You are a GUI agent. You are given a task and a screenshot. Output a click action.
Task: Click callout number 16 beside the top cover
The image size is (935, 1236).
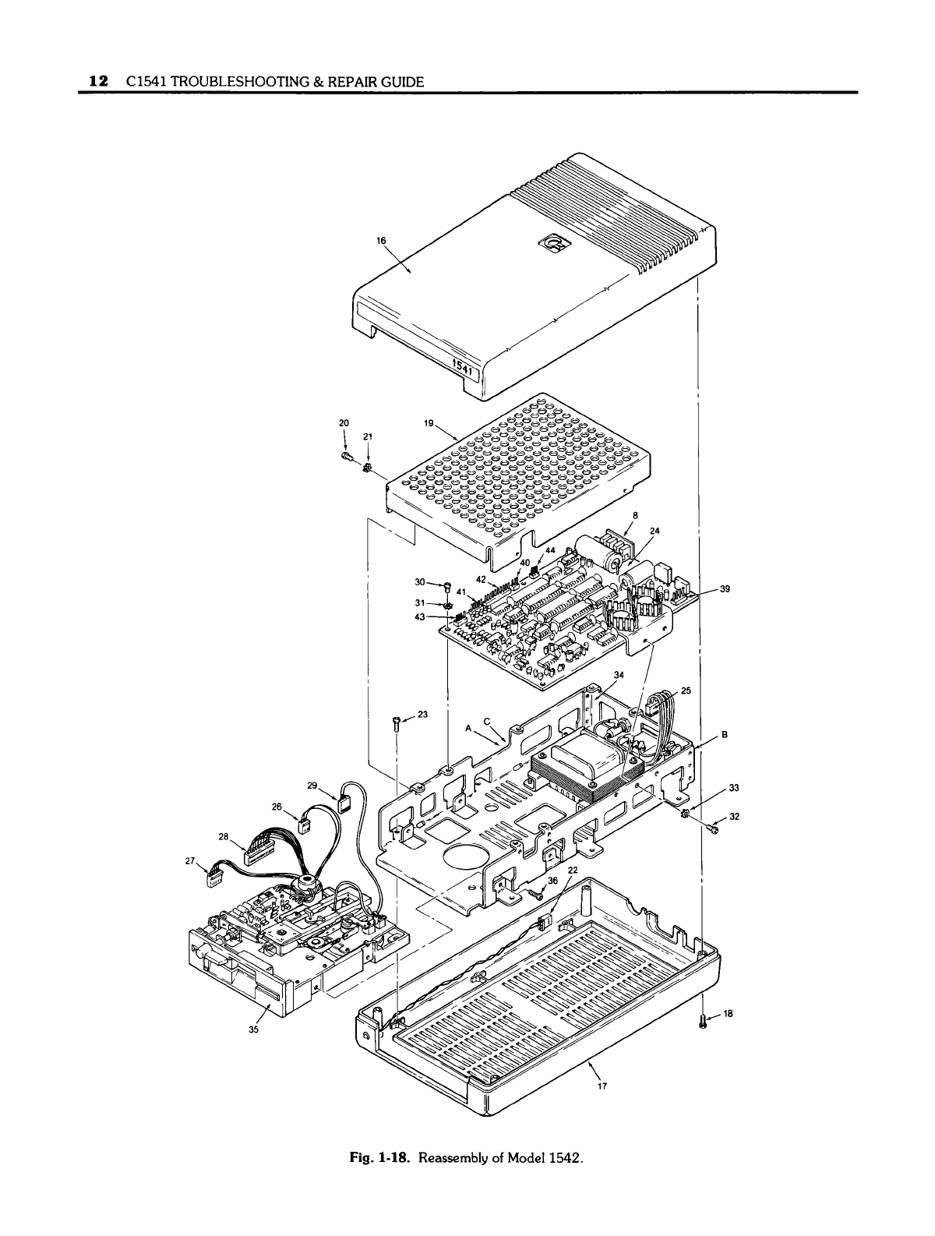point(381,240)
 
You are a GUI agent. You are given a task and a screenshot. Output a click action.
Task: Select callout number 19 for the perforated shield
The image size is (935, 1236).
point(428,424)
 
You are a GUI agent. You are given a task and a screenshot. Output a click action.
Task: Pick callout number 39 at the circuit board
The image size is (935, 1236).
point(724,589)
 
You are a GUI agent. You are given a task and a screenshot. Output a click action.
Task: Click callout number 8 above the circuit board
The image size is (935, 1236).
point(635,515)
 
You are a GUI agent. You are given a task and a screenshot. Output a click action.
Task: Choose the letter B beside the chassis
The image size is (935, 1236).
point(724,734)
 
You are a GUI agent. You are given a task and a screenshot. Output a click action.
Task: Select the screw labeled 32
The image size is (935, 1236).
point(714,829)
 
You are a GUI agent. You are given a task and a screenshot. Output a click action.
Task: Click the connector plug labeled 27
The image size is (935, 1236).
point(212,880)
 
